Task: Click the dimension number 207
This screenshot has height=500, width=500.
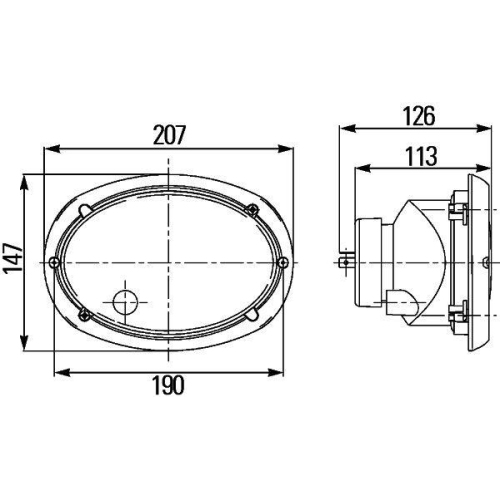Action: click(169, 133)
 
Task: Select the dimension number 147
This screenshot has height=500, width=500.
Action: click(11, 263)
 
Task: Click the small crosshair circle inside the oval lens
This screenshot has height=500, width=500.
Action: click(126, 302)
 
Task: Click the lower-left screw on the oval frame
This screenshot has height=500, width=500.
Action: click(87, 316)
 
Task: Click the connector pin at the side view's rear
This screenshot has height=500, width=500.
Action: click(345, 261)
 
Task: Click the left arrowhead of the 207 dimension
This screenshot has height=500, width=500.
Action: click(48, 149)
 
